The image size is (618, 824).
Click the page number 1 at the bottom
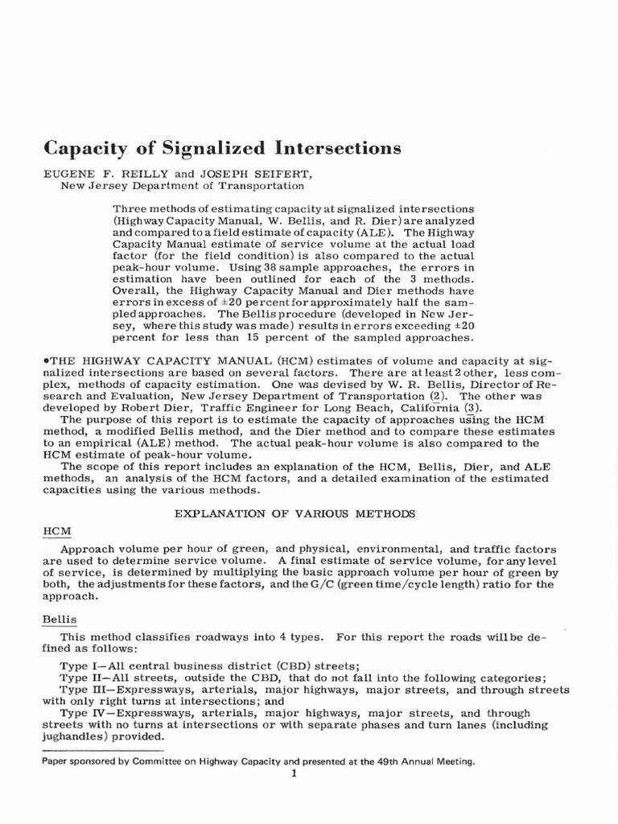coord(295,773)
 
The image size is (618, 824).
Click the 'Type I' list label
coord(80,666)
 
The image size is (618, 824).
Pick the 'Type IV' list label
coord(83,713)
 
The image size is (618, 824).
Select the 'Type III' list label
coord(83,690)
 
